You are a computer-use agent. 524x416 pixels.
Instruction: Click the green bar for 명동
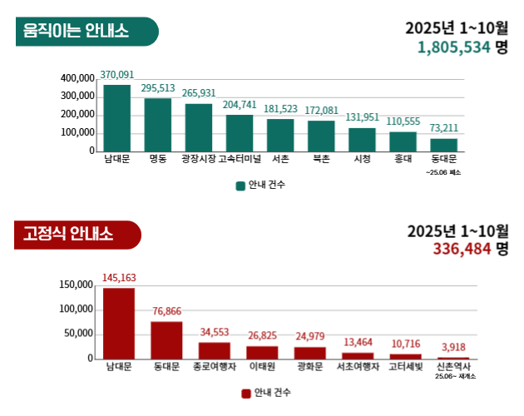[x=158, y=125]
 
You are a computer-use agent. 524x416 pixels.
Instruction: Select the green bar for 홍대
[x=403, y=141]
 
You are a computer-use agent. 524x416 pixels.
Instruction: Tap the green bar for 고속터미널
[x=240, y=133]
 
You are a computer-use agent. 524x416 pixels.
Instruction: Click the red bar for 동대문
[x=166, y=340]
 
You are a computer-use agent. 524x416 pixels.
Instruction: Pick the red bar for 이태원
[x=262, y=353]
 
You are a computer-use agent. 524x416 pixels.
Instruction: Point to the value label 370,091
[x=117, y=74]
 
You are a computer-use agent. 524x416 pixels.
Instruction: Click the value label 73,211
[x=444, y=128]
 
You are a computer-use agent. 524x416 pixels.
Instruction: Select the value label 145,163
[x=118, y=278]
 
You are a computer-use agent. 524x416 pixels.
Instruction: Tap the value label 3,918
[x=453, y=347]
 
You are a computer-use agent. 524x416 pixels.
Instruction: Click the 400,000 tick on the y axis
[x=78, y=78]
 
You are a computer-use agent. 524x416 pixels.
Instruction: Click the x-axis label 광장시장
[x=198, y=158]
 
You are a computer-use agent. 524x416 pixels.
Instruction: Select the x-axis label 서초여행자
[x=358, y=366]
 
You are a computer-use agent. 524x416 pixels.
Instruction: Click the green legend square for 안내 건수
[x=240, y=185]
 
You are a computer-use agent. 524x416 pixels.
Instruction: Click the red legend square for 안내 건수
[x=245, y=393]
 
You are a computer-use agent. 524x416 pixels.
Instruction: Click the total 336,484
[x=461, y=248]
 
